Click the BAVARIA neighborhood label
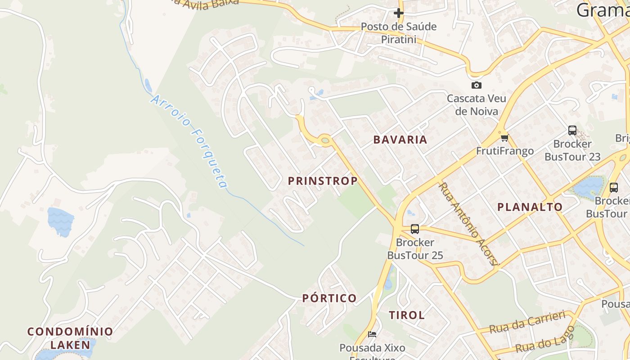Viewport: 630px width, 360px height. coord(400,139)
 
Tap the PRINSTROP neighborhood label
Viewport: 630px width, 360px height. coord(323,181)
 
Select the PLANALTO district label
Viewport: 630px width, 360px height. coord(530,207)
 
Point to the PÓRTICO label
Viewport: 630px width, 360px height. coord(329,298)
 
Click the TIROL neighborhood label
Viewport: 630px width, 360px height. coord(406,315)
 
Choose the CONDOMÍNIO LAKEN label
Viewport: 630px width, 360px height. coord(70,338)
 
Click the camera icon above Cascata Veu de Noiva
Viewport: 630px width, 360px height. coord(476,85)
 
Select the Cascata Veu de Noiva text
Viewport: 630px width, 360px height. coord(476,104)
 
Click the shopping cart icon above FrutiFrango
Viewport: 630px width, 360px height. coord(504,138)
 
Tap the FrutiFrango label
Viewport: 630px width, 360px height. coord(504,151)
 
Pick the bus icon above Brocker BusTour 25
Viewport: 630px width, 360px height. coord(414,229)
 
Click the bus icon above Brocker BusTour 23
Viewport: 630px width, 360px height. coord(572,130)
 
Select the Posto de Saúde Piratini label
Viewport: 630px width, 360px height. coord(399,33)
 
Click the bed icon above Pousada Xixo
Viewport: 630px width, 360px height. coord(372,334)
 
